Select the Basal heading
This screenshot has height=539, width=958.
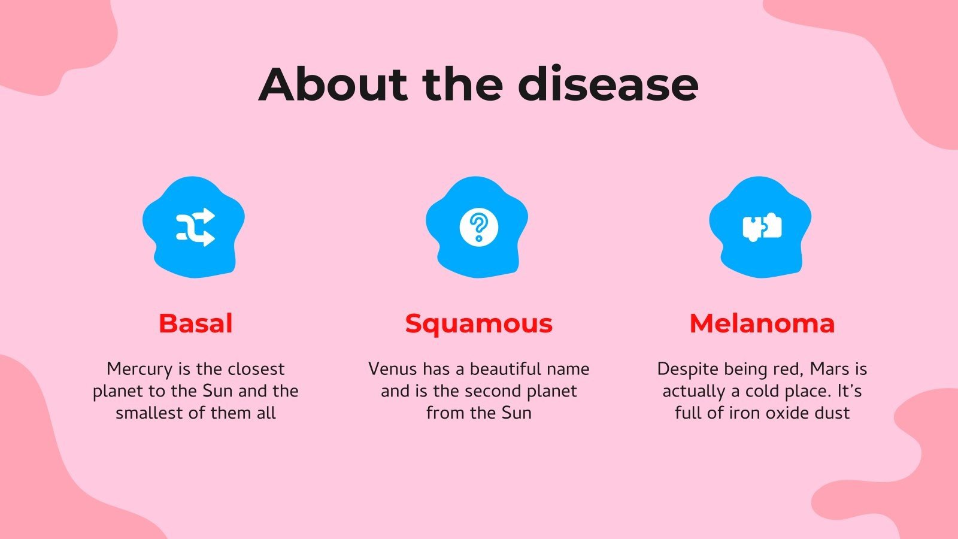click(x=195, y=323)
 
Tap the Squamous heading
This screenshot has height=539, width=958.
click(x=478, y=323)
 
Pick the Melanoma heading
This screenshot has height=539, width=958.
click(x=762, y=323)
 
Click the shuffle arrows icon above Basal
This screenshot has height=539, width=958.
click(x=195, y=227)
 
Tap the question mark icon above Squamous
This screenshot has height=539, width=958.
click(x=478, y=227)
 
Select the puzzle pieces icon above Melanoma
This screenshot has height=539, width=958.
click(x=762, y=227)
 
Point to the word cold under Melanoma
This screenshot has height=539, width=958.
click(x=763, y=391)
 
